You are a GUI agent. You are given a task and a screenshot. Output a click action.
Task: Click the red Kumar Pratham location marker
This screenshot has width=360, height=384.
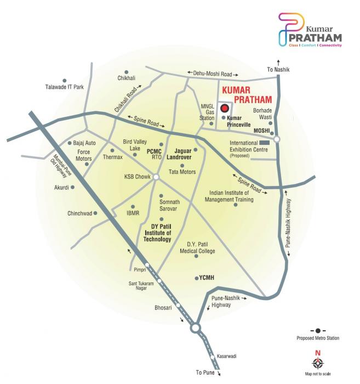pos(225,109)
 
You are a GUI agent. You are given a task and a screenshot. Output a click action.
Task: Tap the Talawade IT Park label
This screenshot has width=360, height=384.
pos(64,87)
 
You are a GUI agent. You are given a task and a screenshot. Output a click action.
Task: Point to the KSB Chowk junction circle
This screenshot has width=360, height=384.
pos(156,177)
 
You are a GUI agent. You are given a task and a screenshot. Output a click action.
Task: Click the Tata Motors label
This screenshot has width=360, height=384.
pos(182,172)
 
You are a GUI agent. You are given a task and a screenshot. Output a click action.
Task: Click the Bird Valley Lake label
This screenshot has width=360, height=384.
pos(135,145)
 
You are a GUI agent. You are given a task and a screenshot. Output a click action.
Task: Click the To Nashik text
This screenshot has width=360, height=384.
pos(278,70)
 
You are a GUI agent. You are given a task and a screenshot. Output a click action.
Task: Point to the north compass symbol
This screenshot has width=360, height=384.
pos(318,362)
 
